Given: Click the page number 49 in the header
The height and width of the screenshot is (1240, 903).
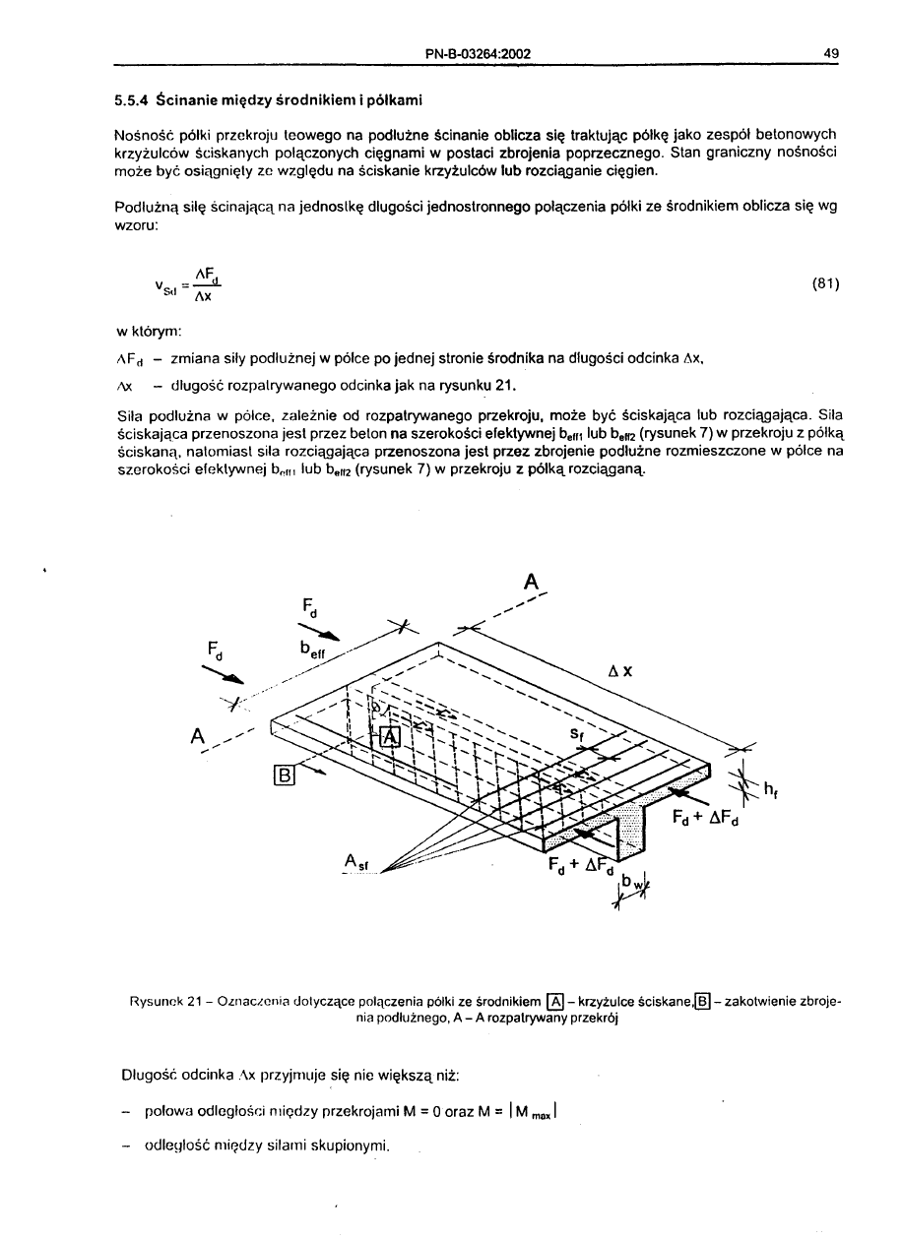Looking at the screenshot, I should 831,53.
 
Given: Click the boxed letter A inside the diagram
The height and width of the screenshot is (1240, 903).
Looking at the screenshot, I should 389,738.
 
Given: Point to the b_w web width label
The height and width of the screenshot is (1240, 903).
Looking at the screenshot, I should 639,885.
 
